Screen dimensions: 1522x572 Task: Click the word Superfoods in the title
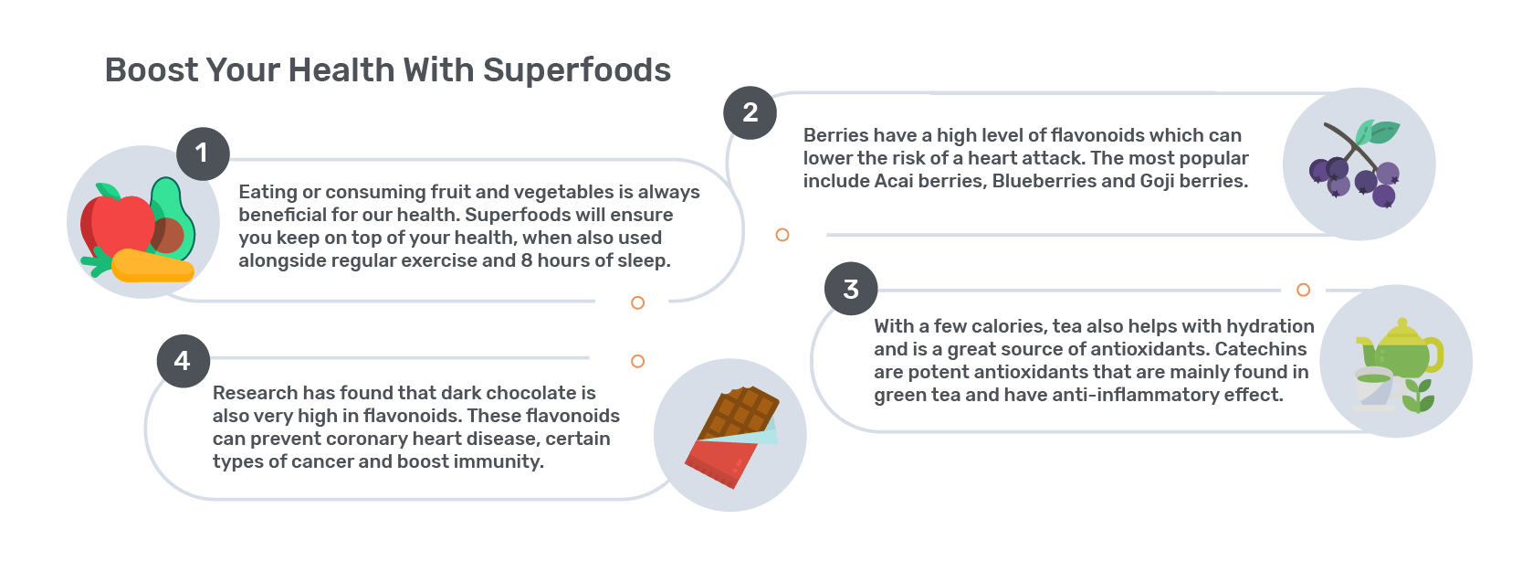click(x=577, y=70)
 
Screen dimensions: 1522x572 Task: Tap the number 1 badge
click(x=204, y=154)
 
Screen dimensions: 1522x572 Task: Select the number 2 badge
click(x=751, y=113)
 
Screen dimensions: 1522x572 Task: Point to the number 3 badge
click(x=851, y=289)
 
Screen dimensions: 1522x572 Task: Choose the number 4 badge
click(x=184, y=361)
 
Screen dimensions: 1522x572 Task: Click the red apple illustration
click(x=117, y=226)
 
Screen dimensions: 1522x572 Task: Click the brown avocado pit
click(x=167, y=236)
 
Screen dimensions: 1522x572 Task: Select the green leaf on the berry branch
click(x=1377, y=132)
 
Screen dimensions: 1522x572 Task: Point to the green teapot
click(x=1401, y=348)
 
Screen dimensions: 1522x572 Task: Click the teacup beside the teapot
click(x=1374, y=388)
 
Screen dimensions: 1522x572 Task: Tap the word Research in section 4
click(x=255, y=393)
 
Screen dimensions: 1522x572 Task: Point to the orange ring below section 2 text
click(x=782, y=235)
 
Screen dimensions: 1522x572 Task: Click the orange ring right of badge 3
click(x=1303, y=290)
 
